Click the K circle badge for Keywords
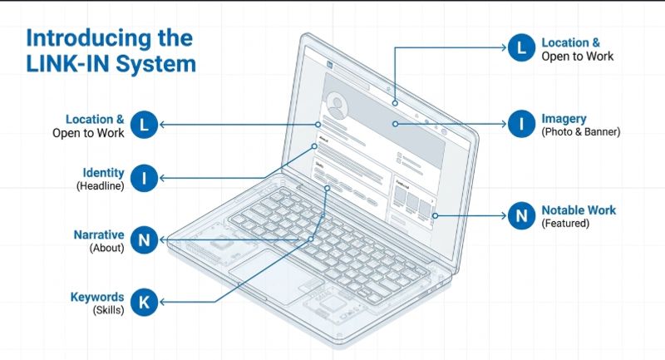point(144,302)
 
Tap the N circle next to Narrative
point(144,240)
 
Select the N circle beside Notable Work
point(521,216)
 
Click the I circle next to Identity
point(144,178)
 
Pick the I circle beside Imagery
point(521,124)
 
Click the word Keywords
point(97,297)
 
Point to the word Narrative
point(99,234)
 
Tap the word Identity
point(103,173)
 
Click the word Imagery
point(564,119)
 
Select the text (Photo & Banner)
point(580,132)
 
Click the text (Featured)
point(565,223)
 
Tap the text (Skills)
point(109,310)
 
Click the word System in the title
point(155,64)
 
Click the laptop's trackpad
point(276,277)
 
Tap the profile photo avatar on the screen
point(337,106)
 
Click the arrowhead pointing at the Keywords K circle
point(162,302)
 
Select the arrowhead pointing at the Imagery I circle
point(504,124)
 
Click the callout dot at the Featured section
point(435,216)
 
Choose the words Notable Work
point(579,210)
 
